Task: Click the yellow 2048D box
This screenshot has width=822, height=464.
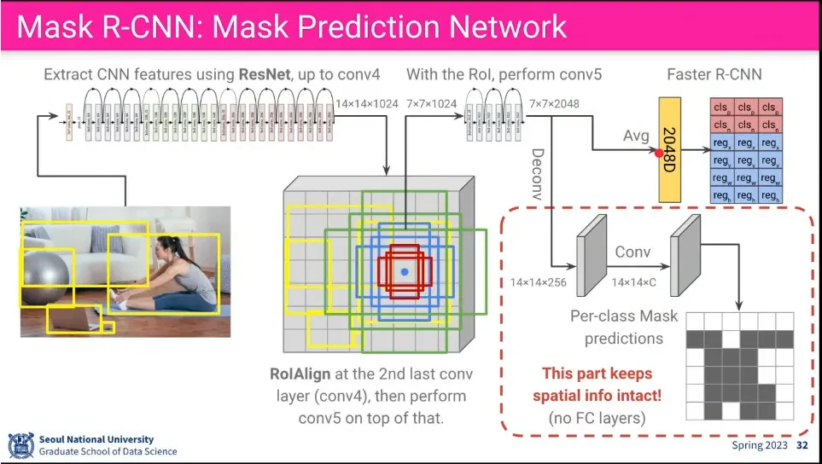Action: click(x=673, y=150)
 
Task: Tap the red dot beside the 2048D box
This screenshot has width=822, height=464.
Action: click(x=659, y=154)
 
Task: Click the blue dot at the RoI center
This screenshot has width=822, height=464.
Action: click(x=405, y=271)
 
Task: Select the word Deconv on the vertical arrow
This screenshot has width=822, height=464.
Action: click(x=537, y=174)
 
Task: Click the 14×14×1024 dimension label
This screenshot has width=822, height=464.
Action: click(x=366, y=104)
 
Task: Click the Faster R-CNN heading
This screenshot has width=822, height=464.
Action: click(x=714, y=75)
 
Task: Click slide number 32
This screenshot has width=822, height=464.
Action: click(x=802, y=446)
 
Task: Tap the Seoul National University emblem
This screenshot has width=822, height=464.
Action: click(x=20, y=444)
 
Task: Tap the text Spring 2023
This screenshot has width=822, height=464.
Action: click(x=759, y=446)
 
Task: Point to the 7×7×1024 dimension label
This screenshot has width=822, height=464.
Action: click(x=432, y=104)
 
